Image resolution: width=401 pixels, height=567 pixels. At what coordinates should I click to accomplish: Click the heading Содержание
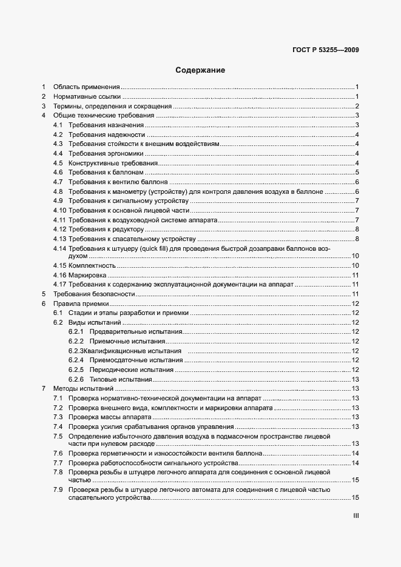coord(200,70)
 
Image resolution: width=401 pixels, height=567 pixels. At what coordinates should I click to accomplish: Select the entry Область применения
coord(86,87)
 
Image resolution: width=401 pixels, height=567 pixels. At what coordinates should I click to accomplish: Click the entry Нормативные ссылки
coord(87,96)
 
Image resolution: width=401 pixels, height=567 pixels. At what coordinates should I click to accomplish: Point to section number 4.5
coord(58,163)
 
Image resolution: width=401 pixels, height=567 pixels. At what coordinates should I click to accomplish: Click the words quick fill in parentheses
coord(170,249)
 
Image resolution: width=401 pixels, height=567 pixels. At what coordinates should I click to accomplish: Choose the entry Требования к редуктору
coord(106,229)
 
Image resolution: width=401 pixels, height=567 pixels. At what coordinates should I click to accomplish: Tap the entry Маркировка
coord(87,275)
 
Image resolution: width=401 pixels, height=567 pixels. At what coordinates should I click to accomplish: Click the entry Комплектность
coord(92,265)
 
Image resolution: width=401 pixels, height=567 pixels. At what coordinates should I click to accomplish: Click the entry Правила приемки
coord(81,303)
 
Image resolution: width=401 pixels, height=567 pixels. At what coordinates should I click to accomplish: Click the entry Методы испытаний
coord(83,388)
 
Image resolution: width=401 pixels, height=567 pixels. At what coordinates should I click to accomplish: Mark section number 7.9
coord(58,489)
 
